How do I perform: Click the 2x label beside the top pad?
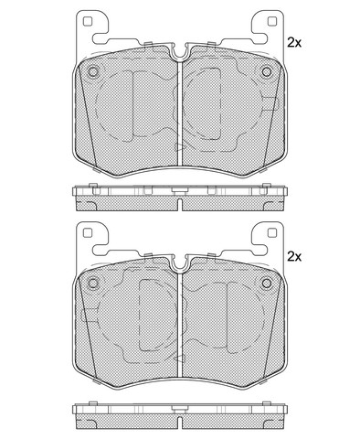[294, 43]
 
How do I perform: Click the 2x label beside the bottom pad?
[294, 257]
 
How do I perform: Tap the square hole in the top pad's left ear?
[88, 21]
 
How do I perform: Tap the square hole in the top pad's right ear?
[271, 21]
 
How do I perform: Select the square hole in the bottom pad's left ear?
[88, 233]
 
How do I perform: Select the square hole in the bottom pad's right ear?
[271, 233]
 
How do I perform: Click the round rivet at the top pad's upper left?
[92, 72]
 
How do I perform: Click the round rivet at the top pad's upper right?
[267, 72]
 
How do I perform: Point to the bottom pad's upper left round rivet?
[92, 284]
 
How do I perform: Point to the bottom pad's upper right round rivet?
[267, 284]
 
